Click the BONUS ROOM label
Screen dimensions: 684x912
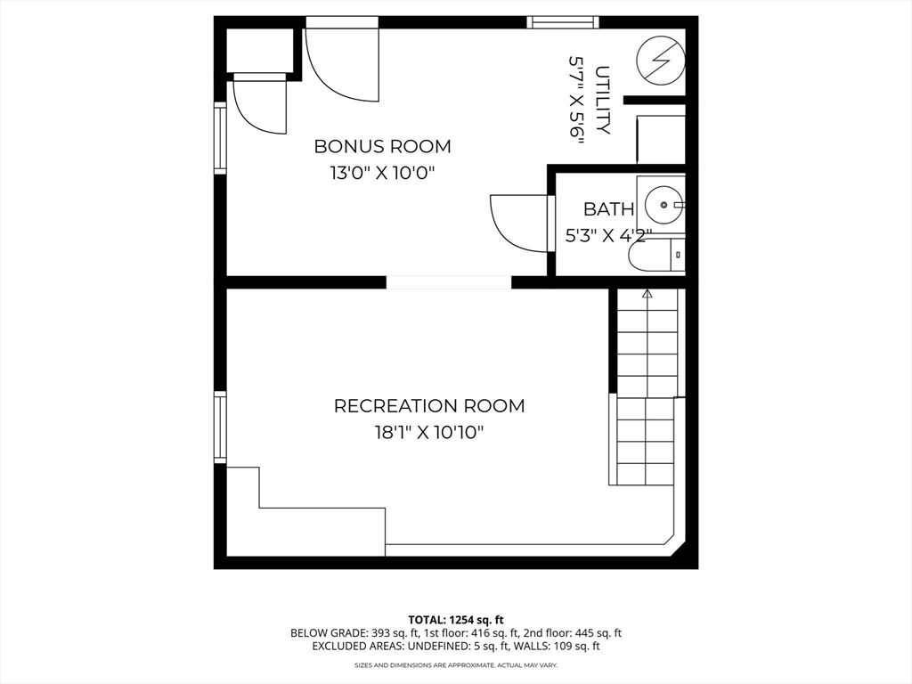pos(382,146)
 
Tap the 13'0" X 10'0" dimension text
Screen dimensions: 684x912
pos(382,174)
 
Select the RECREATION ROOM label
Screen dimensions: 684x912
pos(428,406)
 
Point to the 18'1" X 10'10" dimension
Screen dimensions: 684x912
pos(428,434)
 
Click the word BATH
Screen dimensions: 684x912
pos(608,209)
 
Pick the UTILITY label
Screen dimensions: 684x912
pos(603,101)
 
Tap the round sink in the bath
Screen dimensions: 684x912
pos(663,204)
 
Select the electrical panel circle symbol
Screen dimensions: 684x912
pos(661,61)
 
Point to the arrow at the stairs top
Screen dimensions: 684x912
pos(647,292)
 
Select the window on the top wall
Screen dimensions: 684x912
pos(562,22)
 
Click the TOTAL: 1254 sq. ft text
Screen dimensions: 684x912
pos(456,619)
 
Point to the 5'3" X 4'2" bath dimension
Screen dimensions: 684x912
pos(609,236)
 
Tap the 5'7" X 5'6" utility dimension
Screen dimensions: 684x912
pos(577,101)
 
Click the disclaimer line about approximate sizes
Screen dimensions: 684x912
pos(456,665)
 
